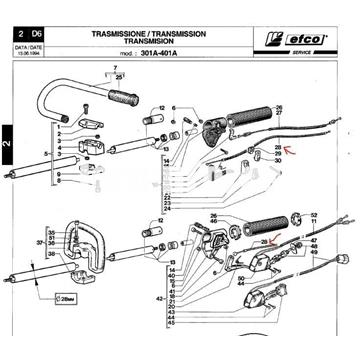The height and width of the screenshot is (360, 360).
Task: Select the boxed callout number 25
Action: click(x=120, y=75)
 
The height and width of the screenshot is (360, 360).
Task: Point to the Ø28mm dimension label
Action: click(x=68, y=298)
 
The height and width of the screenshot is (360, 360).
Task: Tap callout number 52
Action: click(x=314, y=215)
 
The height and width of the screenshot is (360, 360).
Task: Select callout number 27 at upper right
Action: click(x=278, y=113)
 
